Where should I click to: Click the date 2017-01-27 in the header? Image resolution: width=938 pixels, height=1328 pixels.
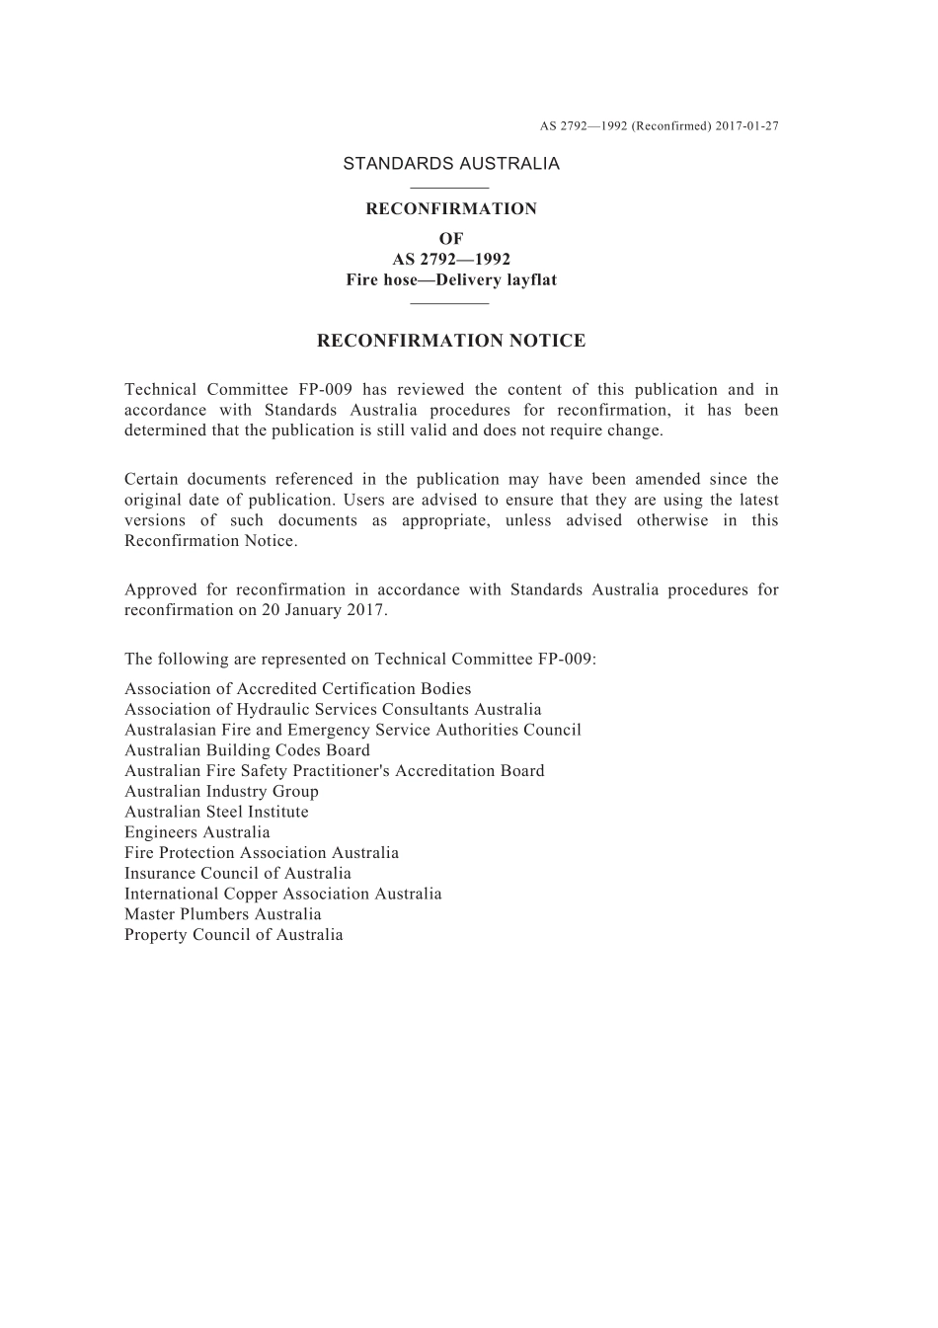click(x=747, y=126)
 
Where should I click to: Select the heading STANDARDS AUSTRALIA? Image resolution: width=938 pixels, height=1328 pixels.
click(x=451, y=164)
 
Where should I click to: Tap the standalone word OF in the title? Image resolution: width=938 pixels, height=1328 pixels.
click(x=451, y=238)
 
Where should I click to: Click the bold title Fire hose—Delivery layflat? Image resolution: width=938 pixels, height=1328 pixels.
click(x=451, y=280)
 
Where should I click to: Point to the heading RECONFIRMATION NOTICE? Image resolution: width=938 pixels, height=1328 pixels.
click(x=451, y=341)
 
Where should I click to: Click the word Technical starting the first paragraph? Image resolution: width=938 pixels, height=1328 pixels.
click(x=159, y=390)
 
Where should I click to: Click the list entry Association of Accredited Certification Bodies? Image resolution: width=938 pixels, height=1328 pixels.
click(x=297, y=689)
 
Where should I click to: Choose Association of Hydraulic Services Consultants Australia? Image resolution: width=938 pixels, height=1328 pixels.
click(x=333, y=710)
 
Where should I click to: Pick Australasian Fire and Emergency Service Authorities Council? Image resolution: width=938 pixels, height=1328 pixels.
click(x=352, y=730)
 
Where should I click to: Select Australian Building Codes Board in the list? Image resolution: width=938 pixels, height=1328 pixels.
click(x=247, y=750)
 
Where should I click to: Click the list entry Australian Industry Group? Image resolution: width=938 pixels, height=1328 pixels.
click(x=221, y=791)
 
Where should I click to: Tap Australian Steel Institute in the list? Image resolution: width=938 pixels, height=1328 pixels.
click(x=216, y=812)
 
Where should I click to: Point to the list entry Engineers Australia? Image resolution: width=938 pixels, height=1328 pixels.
click(x=196, y=832)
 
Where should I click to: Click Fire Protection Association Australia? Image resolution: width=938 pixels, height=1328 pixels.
click(x=262, y=853)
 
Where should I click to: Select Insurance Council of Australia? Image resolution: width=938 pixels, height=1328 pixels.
click(x=237, y=873)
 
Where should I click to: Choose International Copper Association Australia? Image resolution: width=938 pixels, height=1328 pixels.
click(x=282, y=894)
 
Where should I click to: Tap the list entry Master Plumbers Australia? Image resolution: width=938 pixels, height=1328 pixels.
click(x=222, y=914)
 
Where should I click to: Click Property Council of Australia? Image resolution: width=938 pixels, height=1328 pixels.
click(x=233, y=935)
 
